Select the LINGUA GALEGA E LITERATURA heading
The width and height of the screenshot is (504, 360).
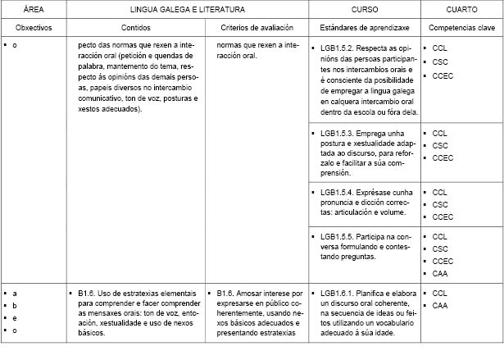tap(186, 10)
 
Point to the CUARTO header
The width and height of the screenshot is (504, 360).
tap(461, 10)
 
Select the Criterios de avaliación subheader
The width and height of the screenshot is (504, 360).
tap(253, 27)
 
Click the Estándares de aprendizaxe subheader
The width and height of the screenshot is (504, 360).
tap(365, 27)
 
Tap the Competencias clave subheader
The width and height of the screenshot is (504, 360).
tap(462, 27)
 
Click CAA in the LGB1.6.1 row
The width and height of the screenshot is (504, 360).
tap(439, 305)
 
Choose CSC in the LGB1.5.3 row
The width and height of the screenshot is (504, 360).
tap(439, 144)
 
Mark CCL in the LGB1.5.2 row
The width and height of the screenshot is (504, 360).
tap(439, 48)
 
